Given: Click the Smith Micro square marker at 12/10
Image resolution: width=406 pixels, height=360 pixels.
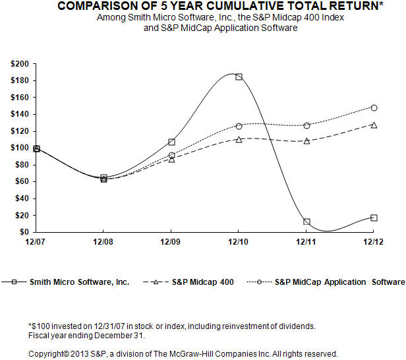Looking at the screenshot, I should tap(239, 76).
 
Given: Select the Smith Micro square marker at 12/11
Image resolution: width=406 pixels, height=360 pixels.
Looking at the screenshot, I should tap(306, 222).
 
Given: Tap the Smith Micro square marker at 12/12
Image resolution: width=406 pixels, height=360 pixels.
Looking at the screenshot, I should tap(374, 218).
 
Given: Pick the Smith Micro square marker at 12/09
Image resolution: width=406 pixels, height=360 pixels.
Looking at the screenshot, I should tap(171, 142).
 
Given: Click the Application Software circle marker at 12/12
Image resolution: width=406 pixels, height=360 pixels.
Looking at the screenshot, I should tap(374, 107).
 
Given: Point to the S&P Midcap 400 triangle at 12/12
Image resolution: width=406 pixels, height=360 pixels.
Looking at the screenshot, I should tap(374, 125).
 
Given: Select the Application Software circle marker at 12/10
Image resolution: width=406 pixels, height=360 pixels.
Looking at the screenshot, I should tap(239, 126).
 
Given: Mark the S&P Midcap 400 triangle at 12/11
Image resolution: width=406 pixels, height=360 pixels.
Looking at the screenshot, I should tap(306, 140).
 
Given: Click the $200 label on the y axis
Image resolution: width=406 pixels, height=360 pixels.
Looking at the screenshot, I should tap(20, 64).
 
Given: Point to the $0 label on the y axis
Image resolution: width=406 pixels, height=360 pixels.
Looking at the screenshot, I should tap(24, 232).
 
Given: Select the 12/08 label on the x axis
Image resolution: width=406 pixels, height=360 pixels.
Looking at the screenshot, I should tap(103, 243).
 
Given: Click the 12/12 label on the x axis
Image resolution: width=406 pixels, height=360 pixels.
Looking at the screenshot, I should tap(374, 243).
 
